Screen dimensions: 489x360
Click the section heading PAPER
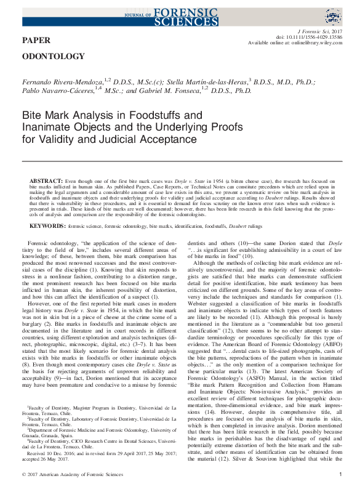pyautogui.click(x=36, y=41)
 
